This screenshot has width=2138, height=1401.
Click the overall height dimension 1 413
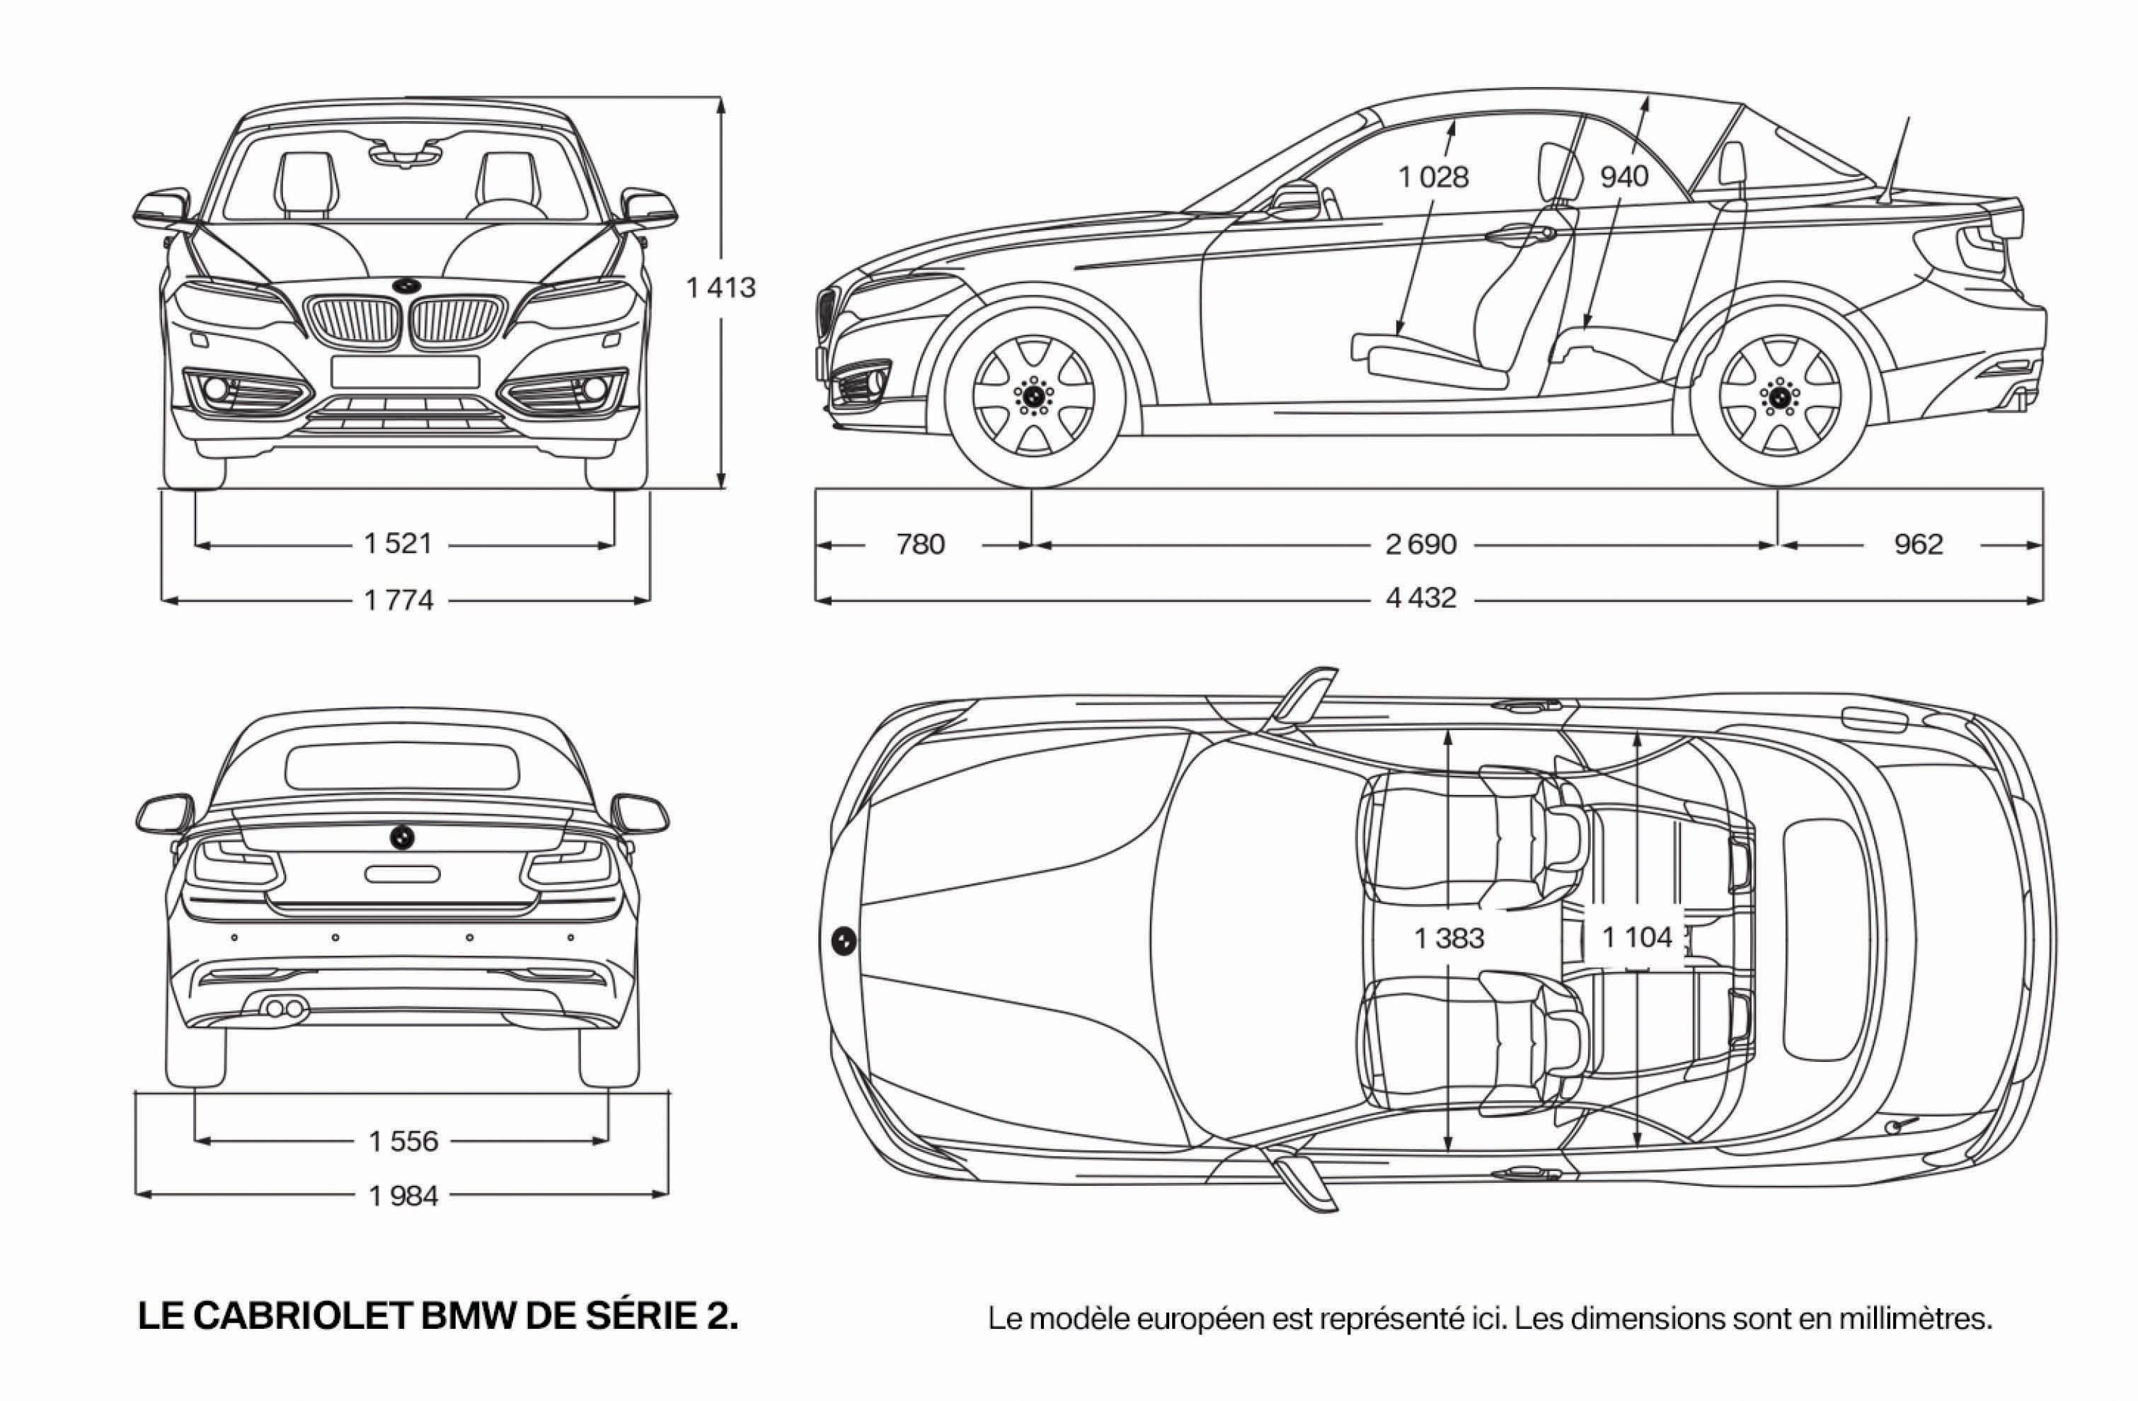pos(720,287)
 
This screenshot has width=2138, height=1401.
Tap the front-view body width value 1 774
pos(399,600)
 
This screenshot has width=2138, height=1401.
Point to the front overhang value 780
pos(921,544)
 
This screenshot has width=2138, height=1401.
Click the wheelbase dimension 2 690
pos(1420,544)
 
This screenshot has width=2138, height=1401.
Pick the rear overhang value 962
pos(1919,544)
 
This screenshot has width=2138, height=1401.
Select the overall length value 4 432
pos(1420,597)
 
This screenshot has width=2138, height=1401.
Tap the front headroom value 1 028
pos(1433,177)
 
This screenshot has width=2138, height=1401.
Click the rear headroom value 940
pos(1624,177)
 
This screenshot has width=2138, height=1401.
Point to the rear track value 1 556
pos(403,1140)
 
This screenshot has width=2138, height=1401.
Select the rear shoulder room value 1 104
pos(1638,937)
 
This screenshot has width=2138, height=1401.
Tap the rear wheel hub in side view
pos(1778,394)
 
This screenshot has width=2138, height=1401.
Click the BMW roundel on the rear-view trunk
pos(401,837)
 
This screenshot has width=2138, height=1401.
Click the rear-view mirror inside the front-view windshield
pos(405,154)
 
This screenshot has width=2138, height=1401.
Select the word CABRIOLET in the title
pos(304,1317)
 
